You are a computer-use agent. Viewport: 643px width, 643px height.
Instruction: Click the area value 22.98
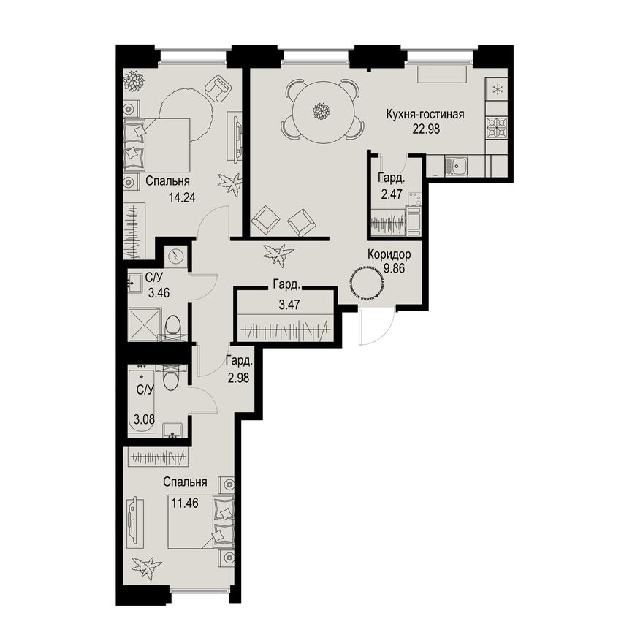coord(426,129)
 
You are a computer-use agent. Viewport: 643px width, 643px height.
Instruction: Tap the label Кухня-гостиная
coord(425,114)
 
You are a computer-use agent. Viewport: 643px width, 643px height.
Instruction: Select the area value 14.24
coord(182,198)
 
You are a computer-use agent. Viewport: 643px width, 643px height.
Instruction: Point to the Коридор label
coord(389,254)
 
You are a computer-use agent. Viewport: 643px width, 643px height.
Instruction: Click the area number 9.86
coord(394,269)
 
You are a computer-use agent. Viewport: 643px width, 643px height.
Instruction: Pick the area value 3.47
coord(289,304)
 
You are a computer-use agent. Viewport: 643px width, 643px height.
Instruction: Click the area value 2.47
coord(392,193)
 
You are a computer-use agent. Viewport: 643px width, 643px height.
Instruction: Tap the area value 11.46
coord(185,503)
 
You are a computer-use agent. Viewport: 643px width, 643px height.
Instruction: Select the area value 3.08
coord(145,420)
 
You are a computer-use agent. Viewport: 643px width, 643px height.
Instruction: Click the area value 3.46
coord(159,293)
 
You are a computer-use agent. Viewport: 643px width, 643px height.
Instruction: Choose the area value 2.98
coord(238,377)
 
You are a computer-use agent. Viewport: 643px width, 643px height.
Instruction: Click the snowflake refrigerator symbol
coord(497,88)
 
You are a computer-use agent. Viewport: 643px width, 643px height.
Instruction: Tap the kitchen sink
coord(457,166)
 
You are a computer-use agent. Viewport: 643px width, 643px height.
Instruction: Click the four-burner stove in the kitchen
coord(497,128)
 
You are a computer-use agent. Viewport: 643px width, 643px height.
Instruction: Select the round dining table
coord(322,111)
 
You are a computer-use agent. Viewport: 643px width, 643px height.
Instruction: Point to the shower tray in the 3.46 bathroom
coord(144,324)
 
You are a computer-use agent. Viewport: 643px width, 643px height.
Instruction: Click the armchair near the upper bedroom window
coord(218,88)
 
